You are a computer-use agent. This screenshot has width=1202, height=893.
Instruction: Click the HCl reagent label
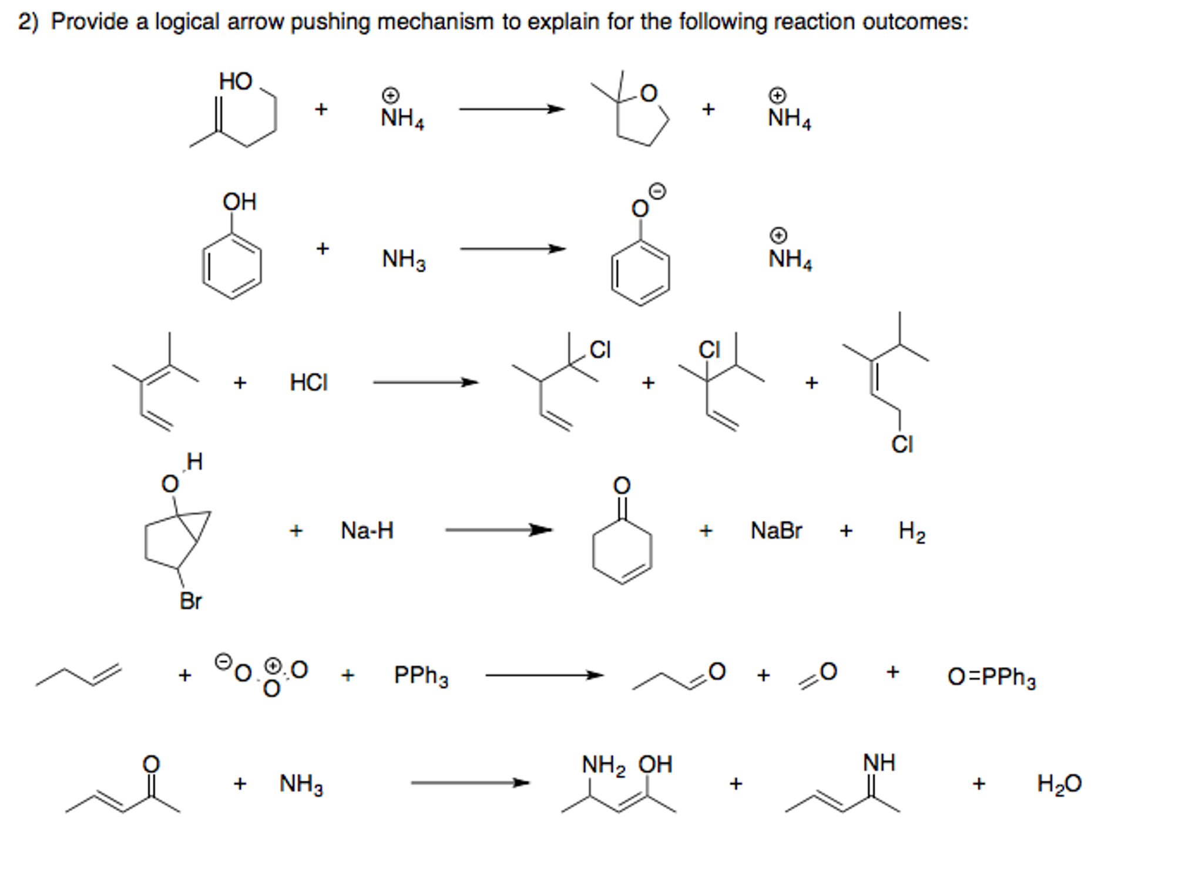[x=308, y=383]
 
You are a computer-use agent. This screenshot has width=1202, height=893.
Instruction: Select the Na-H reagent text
[x=367, y=531]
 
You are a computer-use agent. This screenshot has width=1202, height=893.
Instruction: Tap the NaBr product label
[x=775, y=531]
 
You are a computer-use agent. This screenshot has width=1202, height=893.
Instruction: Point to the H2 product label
[x=911, y=532]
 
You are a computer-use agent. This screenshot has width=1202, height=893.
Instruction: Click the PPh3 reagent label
[x=421, y=676]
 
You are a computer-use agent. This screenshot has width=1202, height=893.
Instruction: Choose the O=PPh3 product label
[x=991, y=678]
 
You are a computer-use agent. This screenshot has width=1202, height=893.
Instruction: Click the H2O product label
[x=1059, y=784]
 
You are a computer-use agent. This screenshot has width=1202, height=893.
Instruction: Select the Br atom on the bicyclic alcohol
[x=190, y=601]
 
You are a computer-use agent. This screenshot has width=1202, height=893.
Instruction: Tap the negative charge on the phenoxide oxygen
[x=659, y=191]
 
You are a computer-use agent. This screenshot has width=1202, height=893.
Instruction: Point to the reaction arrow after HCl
[x=425, y=383]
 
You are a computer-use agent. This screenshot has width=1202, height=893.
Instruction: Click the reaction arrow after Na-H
[x=499, y=530]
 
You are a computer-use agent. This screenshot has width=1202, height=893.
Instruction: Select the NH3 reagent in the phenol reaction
[x=404, y=259]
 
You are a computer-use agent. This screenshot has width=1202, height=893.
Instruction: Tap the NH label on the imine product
[x=879, y=763]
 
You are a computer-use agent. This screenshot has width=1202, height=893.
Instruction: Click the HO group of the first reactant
[x=235, y=81]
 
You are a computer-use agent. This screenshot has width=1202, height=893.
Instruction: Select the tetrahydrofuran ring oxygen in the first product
[x=648, y=93]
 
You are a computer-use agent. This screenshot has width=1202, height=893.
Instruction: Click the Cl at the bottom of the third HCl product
[x=902, y=444]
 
